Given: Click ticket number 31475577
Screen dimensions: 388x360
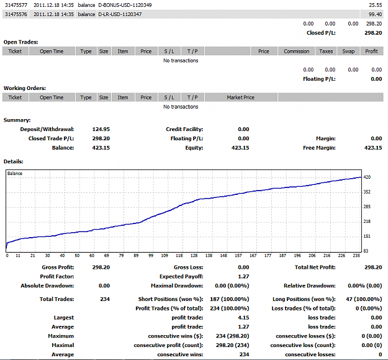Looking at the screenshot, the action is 16,5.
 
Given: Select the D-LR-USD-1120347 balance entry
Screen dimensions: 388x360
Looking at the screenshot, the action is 120,14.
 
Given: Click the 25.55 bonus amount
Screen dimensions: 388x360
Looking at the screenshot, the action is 375,5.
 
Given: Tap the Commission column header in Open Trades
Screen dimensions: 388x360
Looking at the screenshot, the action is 297,52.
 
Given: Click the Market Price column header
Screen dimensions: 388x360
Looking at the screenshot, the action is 240,97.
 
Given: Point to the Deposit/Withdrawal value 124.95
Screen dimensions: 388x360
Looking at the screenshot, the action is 101,129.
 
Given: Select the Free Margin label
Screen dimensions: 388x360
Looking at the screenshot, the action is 319,148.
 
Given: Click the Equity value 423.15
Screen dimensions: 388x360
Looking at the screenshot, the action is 240,148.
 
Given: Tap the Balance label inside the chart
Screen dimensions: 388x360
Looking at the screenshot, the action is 15,173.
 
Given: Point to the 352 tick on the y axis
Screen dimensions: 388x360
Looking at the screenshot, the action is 367,192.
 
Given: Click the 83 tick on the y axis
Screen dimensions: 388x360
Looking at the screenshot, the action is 366,251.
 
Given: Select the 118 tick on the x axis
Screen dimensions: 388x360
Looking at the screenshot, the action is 179,256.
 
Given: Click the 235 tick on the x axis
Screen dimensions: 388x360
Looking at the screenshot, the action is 356,256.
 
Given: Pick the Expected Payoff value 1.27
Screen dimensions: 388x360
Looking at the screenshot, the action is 243,276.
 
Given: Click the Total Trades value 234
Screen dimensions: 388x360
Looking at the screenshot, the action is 105,299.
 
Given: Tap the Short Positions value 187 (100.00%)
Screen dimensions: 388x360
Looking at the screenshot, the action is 229,299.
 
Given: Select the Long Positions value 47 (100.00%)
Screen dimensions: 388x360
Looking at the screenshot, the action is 364,299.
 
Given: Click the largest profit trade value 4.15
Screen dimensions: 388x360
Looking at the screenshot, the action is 243,317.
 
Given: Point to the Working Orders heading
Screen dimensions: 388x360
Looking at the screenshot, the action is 25,88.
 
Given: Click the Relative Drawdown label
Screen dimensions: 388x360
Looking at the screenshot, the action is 310,286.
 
